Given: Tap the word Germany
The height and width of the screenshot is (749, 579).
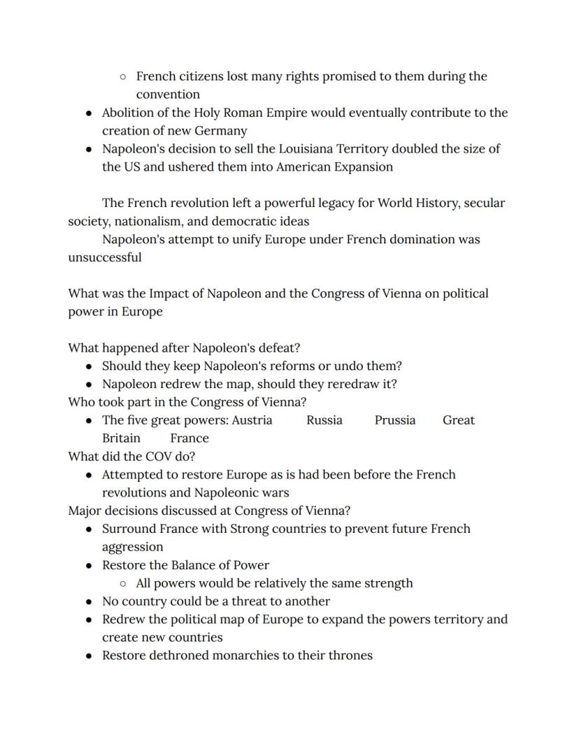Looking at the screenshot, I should click(223, 131).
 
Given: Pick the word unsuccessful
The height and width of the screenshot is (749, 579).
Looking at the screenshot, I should click(105, 257).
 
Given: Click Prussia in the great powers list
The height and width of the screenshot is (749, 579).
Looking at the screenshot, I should click(395, 420).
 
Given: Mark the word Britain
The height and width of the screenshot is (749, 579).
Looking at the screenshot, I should click(121, 438).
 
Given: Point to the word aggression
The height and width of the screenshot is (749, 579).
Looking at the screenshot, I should click(133, 547).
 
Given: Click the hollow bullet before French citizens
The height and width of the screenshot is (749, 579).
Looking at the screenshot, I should click(123, 76).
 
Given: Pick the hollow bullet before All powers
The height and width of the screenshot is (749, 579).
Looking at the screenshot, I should click(123, 583).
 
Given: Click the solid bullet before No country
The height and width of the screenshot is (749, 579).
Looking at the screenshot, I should click(89, 601).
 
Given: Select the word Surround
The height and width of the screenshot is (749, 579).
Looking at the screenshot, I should click(130, 529).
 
